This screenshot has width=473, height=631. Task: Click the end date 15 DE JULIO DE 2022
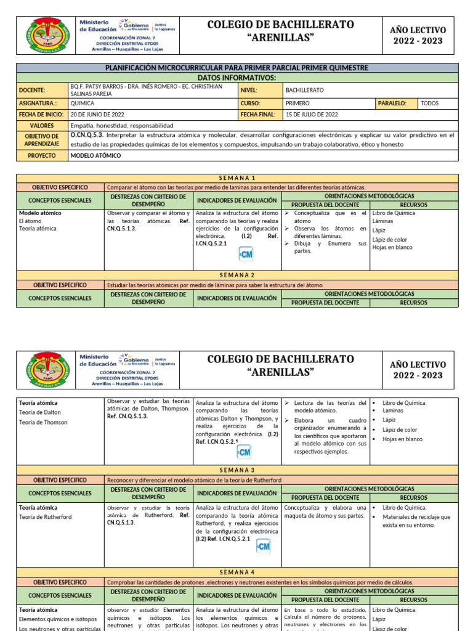point(312,114)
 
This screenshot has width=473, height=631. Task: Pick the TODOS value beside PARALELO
point(429,104)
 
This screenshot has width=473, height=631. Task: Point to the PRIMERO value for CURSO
point(298,104)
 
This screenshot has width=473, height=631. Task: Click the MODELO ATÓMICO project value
point(95,156)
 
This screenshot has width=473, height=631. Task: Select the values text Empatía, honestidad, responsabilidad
point(122,125)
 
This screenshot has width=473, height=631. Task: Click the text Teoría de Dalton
point(40,412)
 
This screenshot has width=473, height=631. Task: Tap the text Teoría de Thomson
point(43,422)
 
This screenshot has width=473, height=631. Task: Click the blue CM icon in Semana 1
point(246,254)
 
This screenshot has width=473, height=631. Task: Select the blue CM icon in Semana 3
point(263,546)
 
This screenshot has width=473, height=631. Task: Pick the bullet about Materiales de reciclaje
point(416,521)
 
